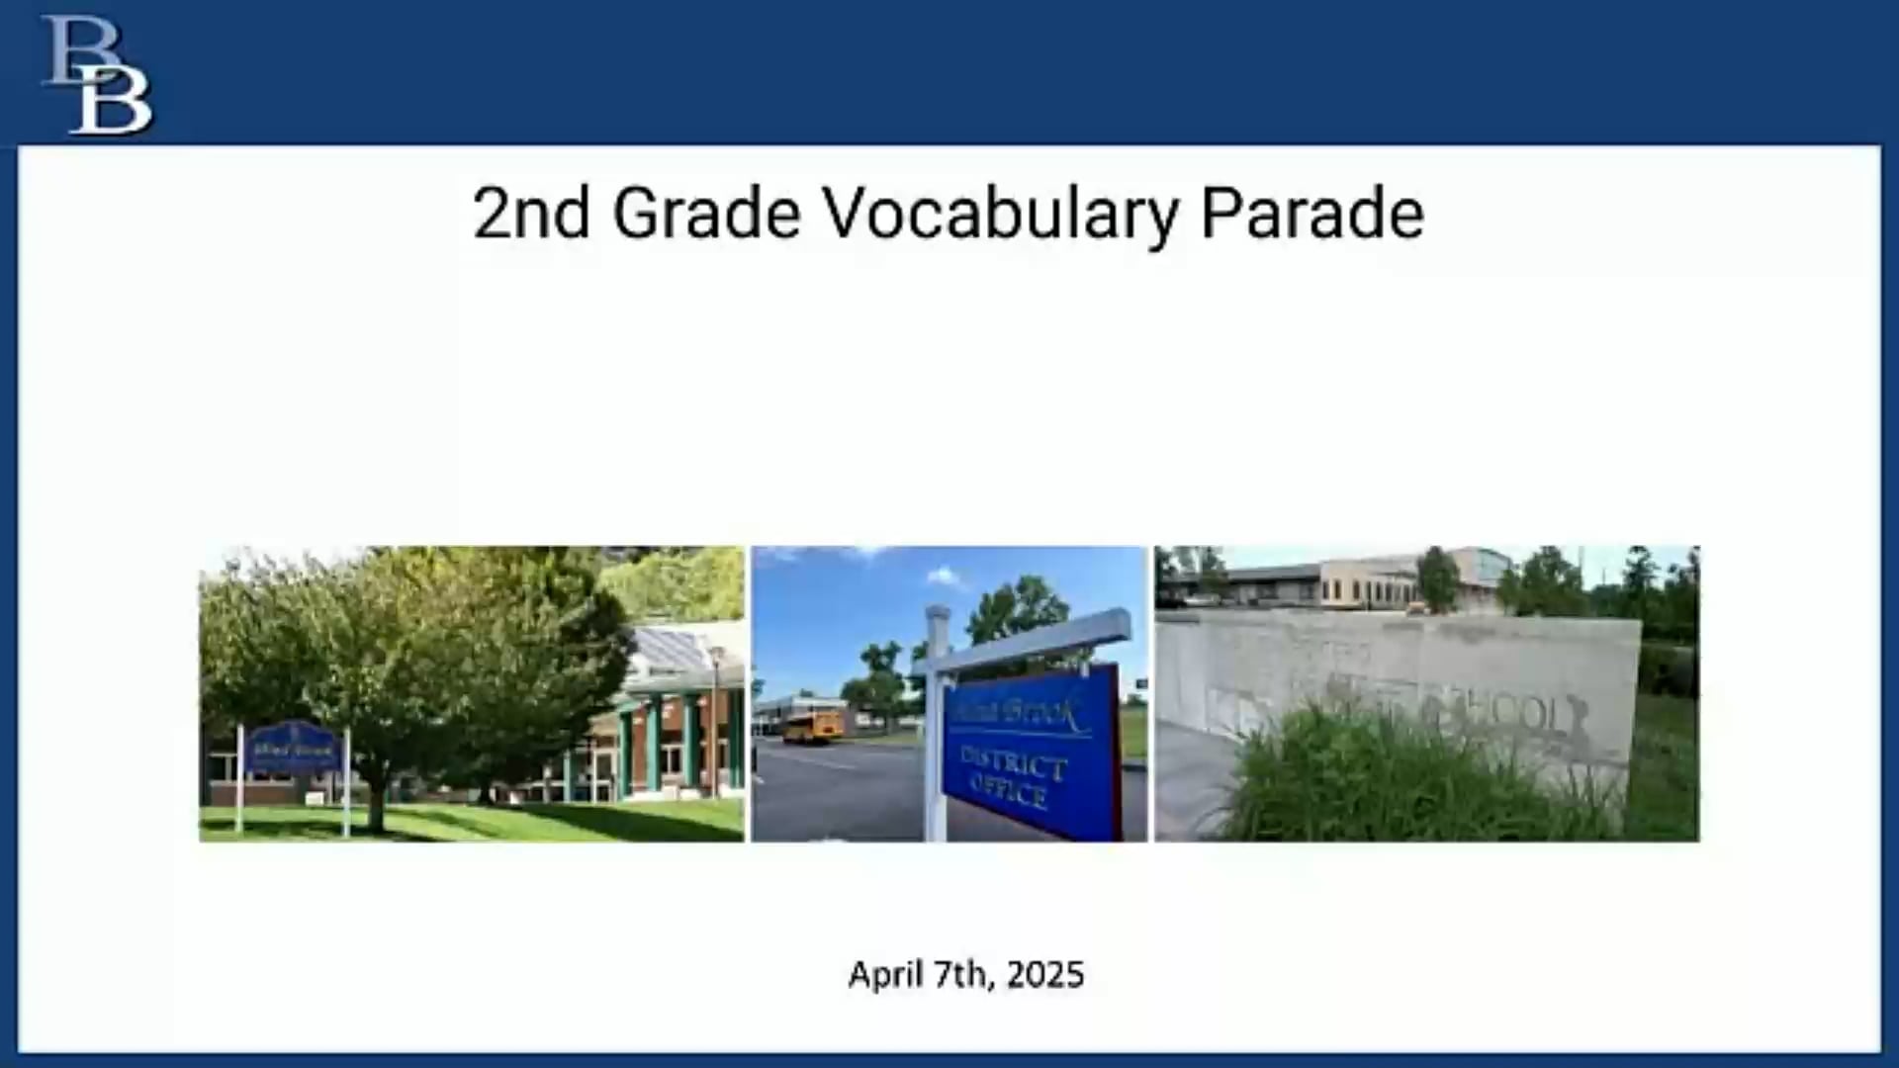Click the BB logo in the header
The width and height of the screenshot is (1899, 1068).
97,75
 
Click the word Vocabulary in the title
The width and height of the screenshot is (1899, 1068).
1001,214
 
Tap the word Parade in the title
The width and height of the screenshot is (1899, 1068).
1311,214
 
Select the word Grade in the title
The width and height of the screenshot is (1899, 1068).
706,214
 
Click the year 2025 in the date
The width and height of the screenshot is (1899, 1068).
1045,975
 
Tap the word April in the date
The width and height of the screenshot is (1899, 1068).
885,975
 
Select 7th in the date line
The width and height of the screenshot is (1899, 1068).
963,975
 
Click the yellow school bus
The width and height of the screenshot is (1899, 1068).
813,725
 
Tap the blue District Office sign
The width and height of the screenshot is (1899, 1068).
1029,752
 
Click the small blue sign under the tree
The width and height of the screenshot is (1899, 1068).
293,750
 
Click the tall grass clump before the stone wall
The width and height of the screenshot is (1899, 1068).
1385,781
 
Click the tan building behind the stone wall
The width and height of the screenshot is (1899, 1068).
1365,583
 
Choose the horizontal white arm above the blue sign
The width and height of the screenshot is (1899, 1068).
1029,643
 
